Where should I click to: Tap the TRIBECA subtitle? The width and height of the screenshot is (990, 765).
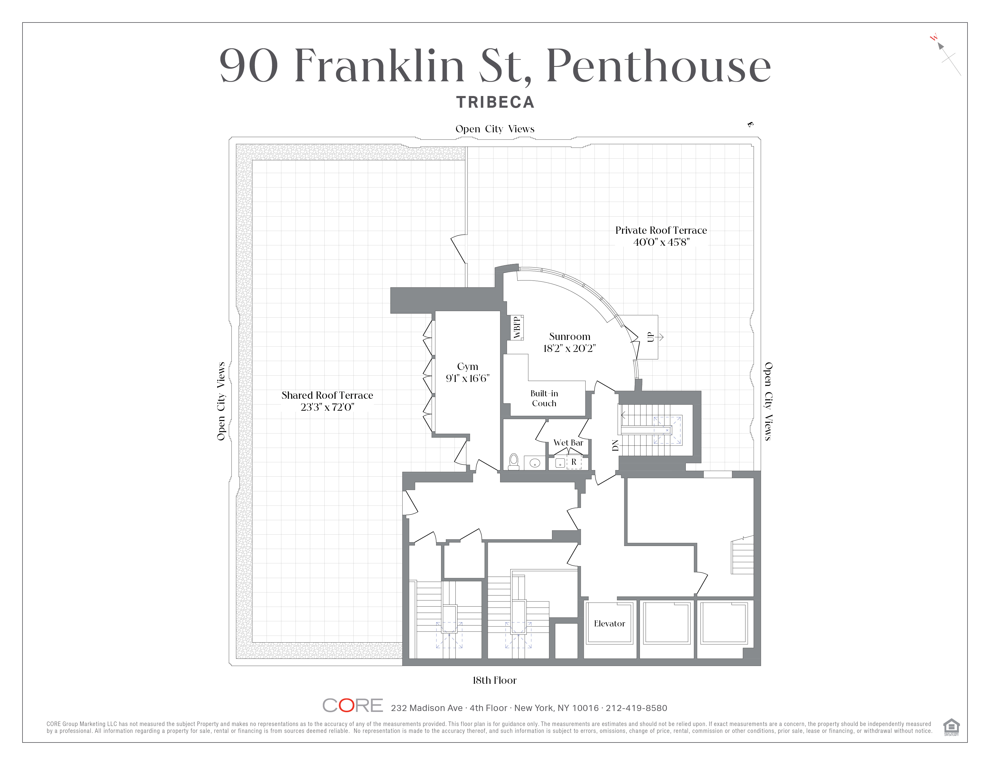click(495, 102)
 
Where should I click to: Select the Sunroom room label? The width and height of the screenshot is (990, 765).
click(569, 337)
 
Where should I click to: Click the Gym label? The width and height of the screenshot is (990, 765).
click(467, 367)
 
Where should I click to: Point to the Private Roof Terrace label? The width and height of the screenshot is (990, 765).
click(661, 230)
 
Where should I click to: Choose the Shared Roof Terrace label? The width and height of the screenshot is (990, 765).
click(327, 395)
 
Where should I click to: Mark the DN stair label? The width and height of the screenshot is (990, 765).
click(615, 445)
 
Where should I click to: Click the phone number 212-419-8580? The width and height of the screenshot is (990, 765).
click(636, 708)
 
